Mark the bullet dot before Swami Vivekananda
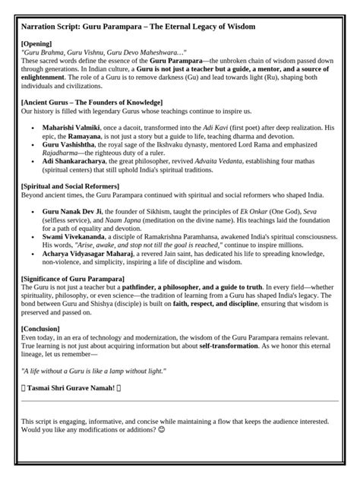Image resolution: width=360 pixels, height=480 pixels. [x=33, y=237]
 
